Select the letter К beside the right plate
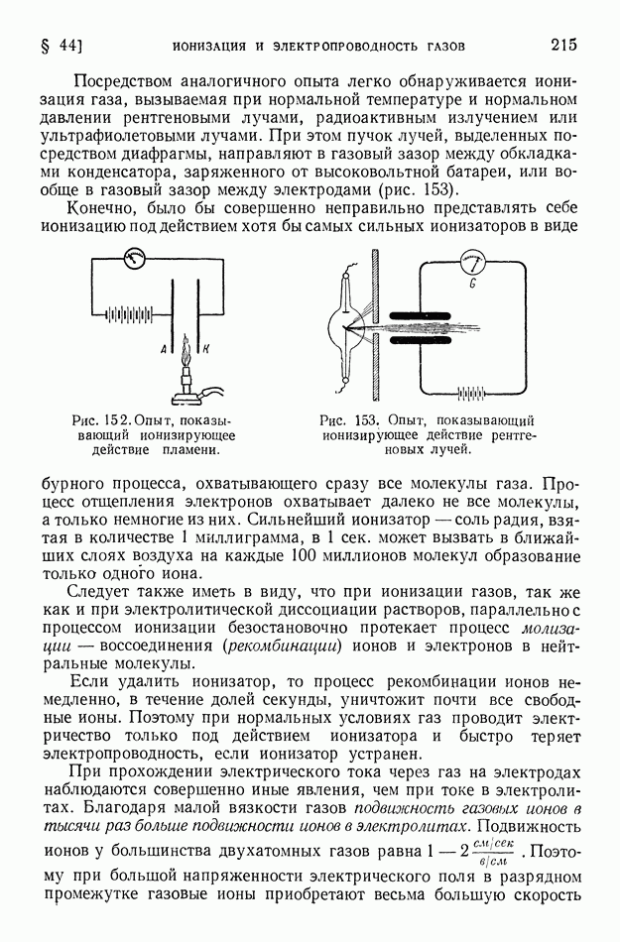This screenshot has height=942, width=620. tap(204, 350)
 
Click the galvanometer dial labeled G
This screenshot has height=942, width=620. tap(474, 263)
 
